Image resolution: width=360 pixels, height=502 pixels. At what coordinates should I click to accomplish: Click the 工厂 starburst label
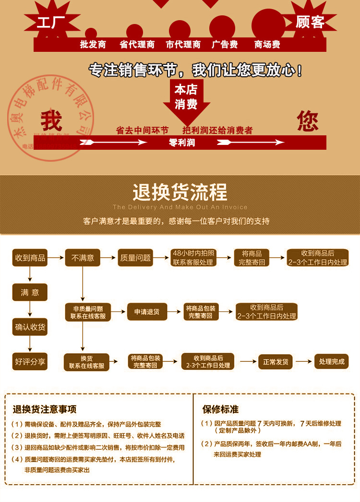(51, 23)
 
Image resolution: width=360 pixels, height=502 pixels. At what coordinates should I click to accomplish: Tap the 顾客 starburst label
(310, 23)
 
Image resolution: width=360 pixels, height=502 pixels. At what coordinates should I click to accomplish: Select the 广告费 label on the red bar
(225, 45)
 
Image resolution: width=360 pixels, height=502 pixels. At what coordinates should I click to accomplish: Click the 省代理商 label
(137, 45)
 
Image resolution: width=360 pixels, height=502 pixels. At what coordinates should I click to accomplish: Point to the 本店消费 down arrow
(186, 98)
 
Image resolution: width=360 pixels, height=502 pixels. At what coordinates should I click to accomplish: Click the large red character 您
(308, 121)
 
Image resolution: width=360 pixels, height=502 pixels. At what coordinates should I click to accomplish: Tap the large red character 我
(51, 121)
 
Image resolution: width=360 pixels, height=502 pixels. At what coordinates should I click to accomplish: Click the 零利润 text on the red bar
(182, 143)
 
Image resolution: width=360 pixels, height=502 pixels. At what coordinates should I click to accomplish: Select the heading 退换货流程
(180, 192)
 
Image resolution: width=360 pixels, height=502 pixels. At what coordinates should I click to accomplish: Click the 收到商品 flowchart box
(30, 258)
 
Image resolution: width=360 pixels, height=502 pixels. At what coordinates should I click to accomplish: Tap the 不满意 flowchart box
(83, 258)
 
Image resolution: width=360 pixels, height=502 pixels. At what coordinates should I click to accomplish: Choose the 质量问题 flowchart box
(135, 258)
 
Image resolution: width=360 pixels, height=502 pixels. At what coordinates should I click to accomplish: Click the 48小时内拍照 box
(194, 258)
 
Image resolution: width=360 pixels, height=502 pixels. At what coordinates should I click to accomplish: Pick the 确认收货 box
(30, 327)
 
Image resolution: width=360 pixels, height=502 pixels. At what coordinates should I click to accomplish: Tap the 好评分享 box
(30, 361)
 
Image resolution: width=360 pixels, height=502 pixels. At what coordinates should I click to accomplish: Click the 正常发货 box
(276, 361)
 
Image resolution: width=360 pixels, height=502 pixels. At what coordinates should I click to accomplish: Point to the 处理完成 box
(332, 361)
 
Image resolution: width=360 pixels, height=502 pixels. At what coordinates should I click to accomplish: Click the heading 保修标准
(220, 409)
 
